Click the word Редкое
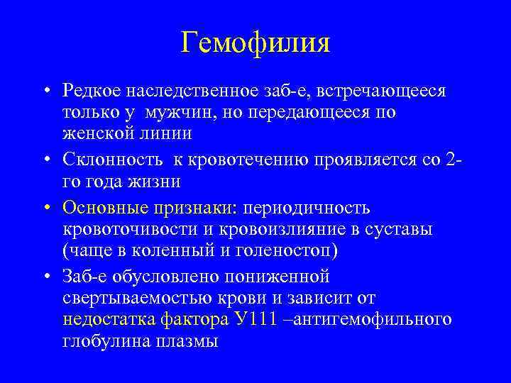(90, 92)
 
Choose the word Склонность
(106, 161)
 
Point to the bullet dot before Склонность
(46, 162)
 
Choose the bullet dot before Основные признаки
(46, 209)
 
